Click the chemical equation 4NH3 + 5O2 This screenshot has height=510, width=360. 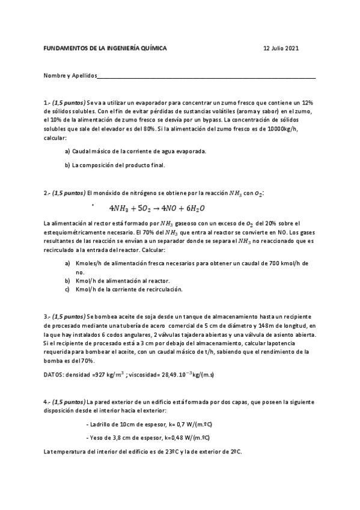click(x=157, y=208)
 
